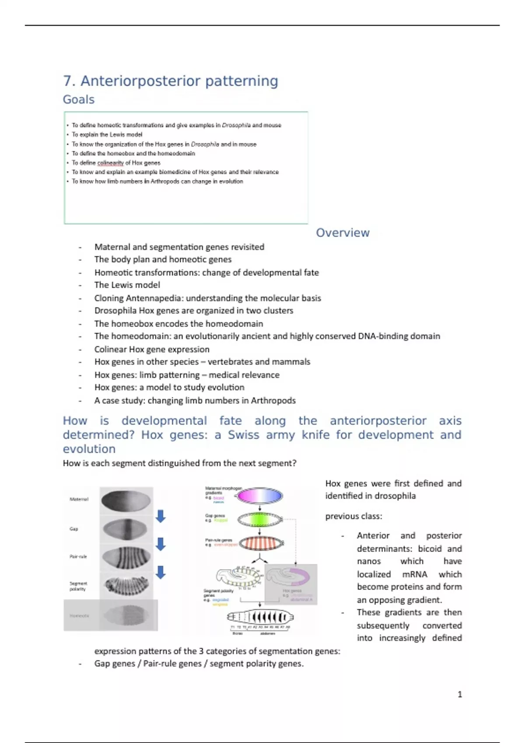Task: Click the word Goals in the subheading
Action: pyautogui.click(x=79, y=100)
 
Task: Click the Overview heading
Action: pyautogui.click(x=343, y=233)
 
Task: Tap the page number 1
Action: pyautogui.click(x=459, y=694)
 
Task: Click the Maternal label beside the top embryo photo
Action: pyautogui.click(x=79, y=499)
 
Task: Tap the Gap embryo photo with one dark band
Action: pyautogui.click(x=126, y=529)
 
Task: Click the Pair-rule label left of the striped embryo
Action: pyautogui.click(x=78, y=556)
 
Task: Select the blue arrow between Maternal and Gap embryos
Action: pyautogui.click(x=161, y=516)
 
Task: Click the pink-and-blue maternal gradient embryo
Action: pyautogui.click(x=260, y=496)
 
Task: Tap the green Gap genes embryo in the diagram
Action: pyautogui.click(x=260, y=519)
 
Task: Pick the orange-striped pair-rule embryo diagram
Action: pyautogui.click(x=260, y=543)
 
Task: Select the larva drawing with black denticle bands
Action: pyautogui.click(x=260, y=617)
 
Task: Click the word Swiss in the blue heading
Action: pyautogui.click(x=243, y=435)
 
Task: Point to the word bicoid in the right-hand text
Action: pyautogui.click(x=430, y=549)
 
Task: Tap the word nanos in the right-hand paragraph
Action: pyautogui.click(x=368, y=561)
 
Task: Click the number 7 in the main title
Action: pyautogui.click(x=67, y=81)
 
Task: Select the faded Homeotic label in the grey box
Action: pyautogui.click(x=79, y=616)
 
